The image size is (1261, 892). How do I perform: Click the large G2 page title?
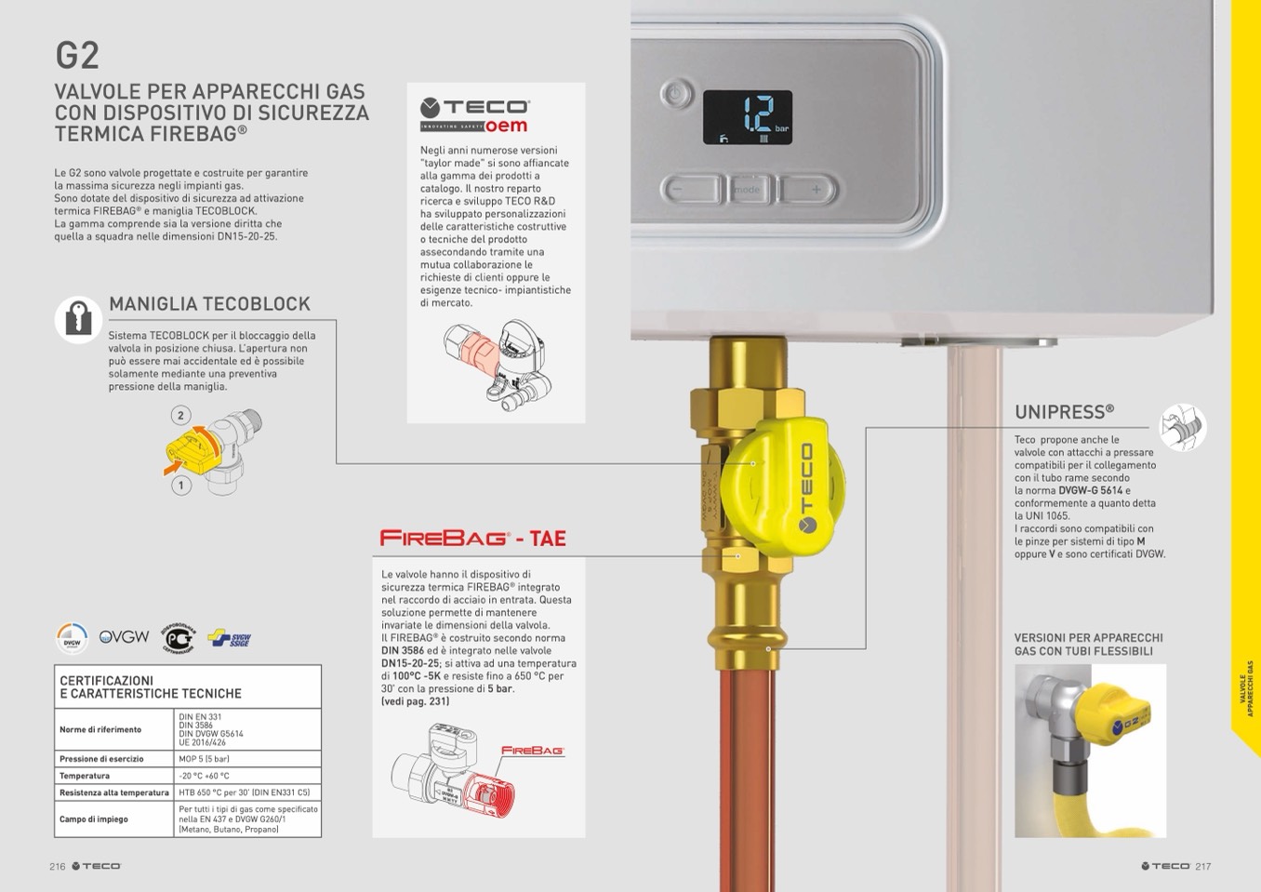click(x=77, y=55)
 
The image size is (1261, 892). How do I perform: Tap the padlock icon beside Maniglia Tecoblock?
click(x=78, y=319)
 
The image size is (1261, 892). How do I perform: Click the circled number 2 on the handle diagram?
click(x=180, y=416)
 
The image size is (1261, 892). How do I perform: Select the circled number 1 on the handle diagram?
click(x=180, y=485)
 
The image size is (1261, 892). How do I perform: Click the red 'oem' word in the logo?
click(x=506, y=126)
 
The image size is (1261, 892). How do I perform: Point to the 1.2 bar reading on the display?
click(x=758, y=115)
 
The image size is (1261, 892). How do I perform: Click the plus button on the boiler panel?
click(x=809, y=190)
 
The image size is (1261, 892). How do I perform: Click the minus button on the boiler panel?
click(x=691, y=190)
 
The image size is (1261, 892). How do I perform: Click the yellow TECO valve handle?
click(x=782, y=486)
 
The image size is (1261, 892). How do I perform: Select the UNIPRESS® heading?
click(x=1065, y=412)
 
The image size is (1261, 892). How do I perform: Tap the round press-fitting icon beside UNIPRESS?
click(x=1183, y=428)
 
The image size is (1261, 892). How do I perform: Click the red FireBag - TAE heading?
click(x=472, y=538)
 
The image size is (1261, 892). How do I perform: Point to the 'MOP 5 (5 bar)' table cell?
click(x=204, y=759)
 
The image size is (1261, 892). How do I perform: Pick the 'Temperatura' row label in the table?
click(x=85, y=776)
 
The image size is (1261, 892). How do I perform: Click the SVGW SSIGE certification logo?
click(x=229, y=638)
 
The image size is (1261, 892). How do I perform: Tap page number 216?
click(x=58, y=866)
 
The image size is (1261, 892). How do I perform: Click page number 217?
click(x=1203, y=866)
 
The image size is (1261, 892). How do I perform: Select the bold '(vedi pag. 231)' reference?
click(x=416, y=701)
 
